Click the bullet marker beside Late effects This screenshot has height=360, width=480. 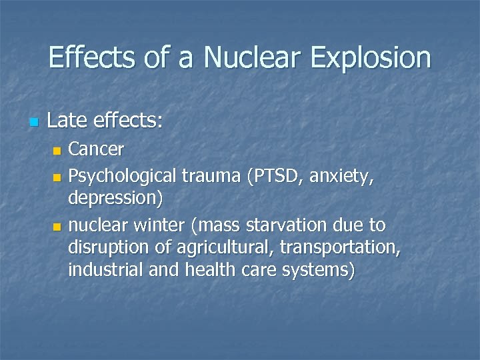[x=35, y=123]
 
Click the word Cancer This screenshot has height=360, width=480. [x=97, y=148]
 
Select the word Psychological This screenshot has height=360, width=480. [x=122, y=177]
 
